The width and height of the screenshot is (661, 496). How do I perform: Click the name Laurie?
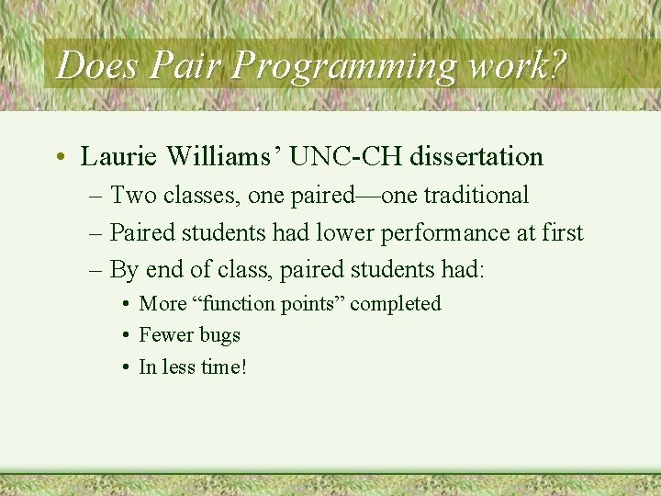[x=117, y=157]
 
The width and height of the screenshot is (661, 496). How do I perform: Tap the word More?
[x=162, y=304]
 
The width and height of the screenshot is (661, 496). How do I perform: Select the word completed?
[x=396, y=304]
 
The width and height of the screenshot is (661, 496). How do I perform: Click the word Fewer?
[x=165, y=335]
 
